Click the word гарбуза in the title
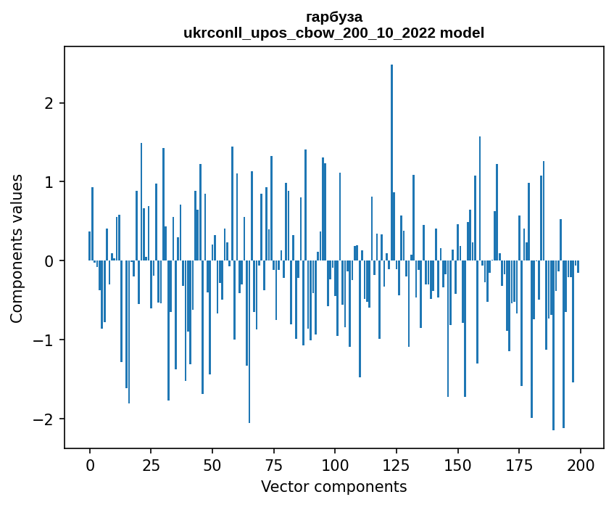[x=334, y=17]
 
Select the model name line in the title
[x=334, y=33]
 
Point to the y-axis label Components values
[x=17, y=248]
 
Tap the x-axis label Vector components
[x=334, y=486]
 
